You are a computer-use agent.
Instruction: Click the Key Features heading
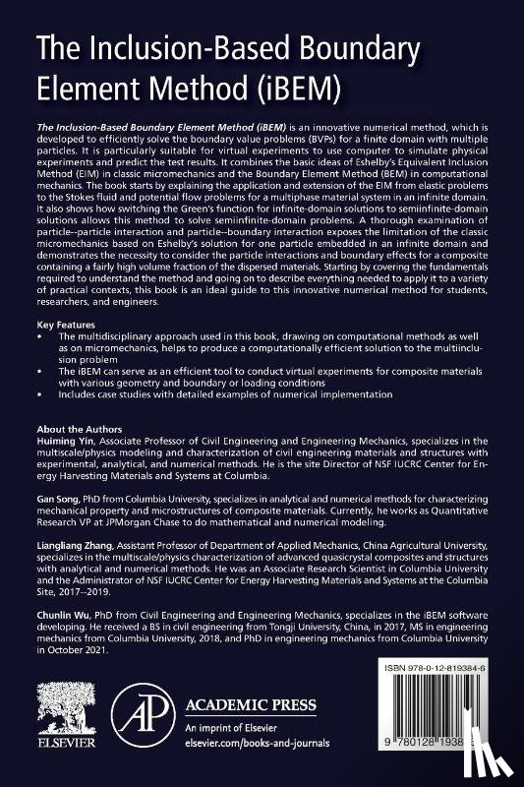(x=61, y=324)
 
